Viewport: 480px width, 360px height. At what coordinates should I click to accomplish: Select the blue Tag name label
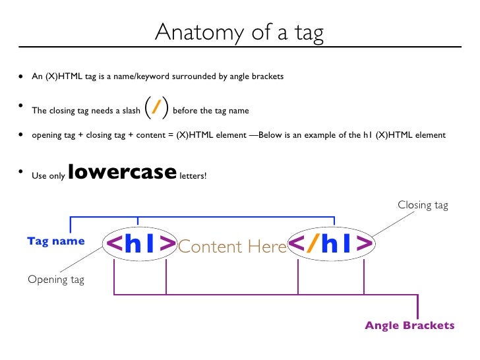pos(56,241)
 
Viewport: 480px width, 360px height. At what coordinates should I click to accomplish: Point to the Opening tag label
pos(56,280)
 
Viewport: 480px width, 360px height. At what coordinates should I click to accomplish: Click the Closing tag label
pos(423,205)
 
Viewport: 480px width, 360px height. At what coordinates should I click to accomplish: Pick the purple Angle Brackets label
pos(409,326)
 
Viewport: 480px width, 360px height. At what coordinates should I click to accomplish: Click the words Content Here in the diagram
pos(232,247)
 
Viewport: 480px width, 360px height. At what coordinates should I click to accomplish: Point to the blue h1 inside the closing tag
pos(338,244)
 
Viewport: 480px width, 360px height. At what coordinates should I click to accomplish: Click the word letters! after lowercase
pos(193,176)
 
